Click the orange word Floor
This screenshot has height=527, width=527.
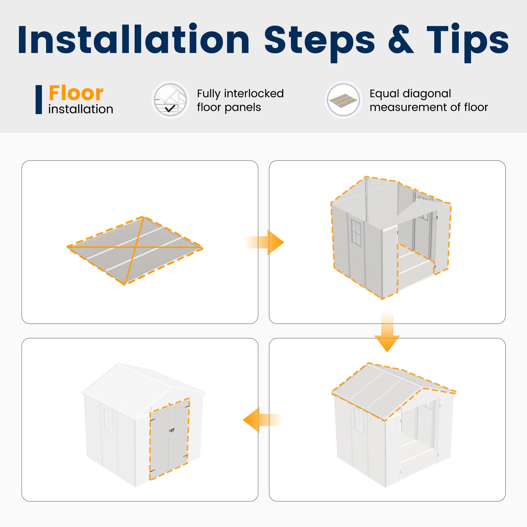76,93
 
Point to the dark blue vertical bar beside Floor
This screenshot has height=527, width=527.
39,100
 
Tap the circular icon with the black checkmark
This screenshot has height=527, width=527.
170,100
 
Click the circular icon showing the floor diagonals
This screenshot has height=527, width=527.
343,100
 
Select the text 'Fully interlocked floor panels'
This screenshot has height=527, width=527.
240,100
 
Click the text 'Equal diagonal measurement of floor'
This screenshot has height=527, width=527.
428,100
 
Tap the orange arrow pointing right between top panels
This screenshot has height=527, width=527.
263,242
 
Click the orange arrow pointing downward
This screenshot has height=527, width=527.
387,332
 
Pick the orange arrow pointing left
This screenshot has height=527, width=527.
263,420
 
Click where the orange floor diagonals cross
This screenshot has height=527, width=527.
135,247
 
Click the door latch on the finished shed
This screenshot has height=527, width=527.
172,431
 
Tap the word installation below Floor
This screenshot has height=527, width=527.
81,109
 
